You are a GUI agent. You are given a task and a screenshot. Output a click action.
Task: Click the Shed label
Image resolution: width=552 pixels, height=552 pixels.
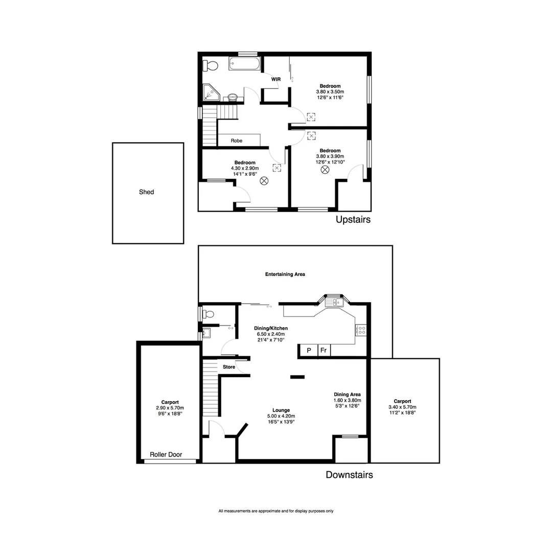pos(146,192)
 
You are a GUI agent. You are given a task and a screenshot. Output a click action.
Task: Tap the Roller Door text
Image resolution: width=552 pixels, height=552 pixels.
pos(166,454)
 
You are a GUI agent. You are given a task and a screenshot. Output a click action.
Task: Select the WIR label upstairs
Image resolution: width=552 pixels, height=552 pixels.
pos(276,79)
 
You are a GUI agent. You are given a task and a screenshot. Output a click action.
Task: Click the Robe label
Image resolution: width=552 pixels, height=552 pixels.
pos(236,140)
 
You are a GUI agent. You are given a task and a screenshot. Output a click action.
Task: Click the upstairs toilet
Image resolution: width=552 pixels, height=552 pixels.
pos(210,65)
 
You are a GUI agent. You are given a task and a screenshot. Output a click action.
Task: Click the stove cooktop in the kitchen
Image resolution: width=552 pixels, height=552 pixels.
pos(361,331)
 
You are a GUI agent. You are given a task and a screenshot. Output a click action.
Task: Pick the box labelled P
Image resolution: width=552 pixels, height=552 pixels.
pos(309,351)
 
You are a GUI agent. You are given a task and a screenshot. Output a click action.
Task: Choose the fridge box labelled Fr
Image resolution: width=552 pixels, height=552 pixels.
pos(324,351)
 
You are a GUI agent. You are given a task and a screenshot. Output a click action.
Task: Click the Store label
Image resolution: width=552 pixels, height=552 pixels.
pos(228,367)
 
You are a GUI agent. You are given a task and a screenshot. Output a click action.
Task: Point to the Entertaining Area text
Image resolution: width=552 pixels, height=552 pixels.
pos(285,274)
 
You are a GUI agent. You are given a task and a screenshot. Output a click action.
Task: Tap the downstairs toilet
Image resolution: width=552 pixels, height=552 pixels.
pos(209,314)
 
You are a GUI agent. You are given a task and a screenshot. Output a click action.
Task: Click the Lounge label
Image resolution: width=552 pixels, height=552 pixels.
pos(281,410)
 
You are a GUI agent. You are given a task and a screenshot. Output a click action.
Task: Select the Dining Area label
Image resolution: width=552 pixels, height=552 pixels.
pos(347,395)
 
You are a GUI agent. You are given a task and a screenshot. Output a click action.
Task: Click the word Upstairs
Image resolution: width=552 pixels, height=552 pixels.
pos(353,220)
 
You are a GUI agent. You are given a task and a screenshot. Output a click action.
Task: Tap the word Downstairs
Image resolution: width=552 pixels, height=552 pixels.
pos(349,475)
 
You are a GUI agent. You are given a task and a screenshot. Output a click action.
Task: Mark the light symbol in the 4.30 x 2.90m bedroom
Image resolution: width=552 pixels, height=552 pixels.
pos(264,180)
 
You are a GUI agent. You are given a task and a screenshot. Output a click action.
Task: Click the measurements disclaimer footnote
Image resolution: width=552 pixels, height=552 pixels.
pos(276,511)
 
